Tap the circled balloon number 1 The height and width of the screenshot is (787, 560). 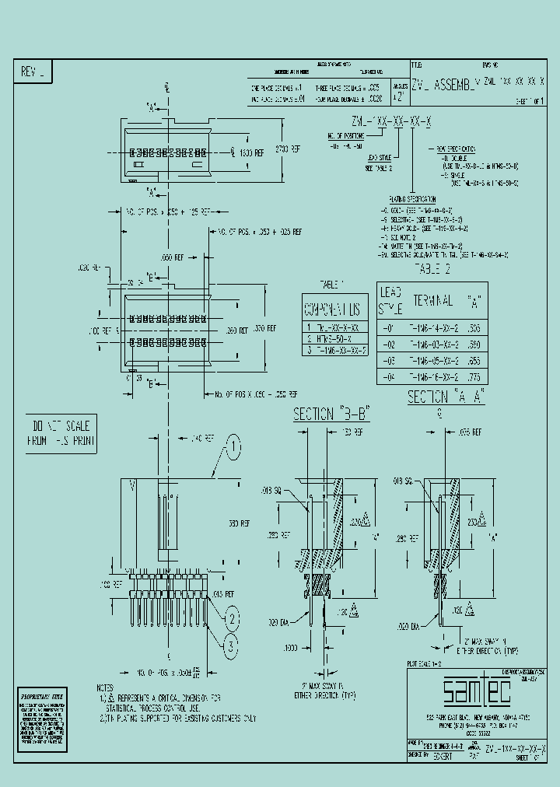[233, 447]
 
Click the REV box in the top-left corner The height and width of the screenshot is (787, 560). [33, 72]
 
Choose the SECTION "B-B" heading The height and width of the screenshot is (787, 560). [331, 415]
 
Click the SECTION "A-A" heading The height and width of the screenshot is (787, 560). [446, 397]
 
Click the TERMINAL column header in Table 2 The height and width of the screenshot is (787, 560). [432, 299]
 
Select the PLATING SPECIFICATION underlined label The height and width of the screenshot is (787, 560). [411, 200]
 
